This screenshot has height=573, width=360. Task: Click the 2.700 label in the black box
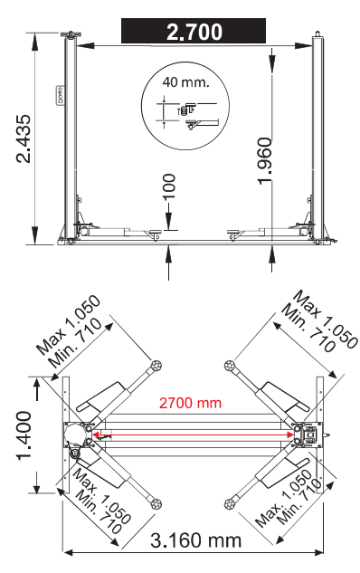click(194, 32)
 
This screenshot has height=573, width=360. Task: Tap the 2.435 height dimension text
click(24, 138)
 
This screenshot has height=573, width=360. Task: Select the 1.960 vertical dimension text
click(265, 161)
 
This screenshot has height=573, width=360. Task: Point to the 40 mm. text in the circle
click(185, 82)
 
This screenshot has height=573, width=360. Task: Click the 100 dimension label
click(168, 186)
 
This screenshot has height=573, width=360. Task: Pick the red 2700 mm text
click(190, 403)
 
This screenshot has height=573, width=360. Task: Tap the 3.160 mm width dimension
click(196, 540)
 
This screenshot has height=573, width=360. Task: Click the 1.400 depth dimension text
click(24, 435)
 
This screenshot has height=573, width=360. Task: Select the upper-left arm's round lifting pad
click(156, 365)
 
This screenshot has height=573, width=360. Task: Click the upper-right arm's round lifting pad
click(229, 365)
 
